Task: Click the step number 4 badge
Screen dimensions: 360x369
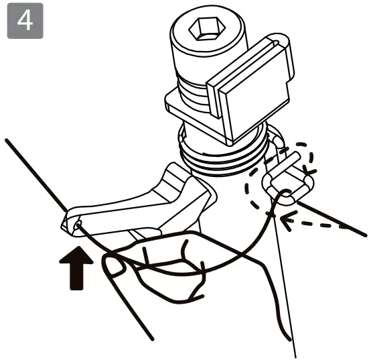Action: coord(25,21)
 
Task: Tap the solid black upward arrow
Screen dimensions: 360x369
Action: coord(77,268)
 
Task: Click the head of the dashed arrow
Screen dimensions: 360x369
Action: coord(287,219)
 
